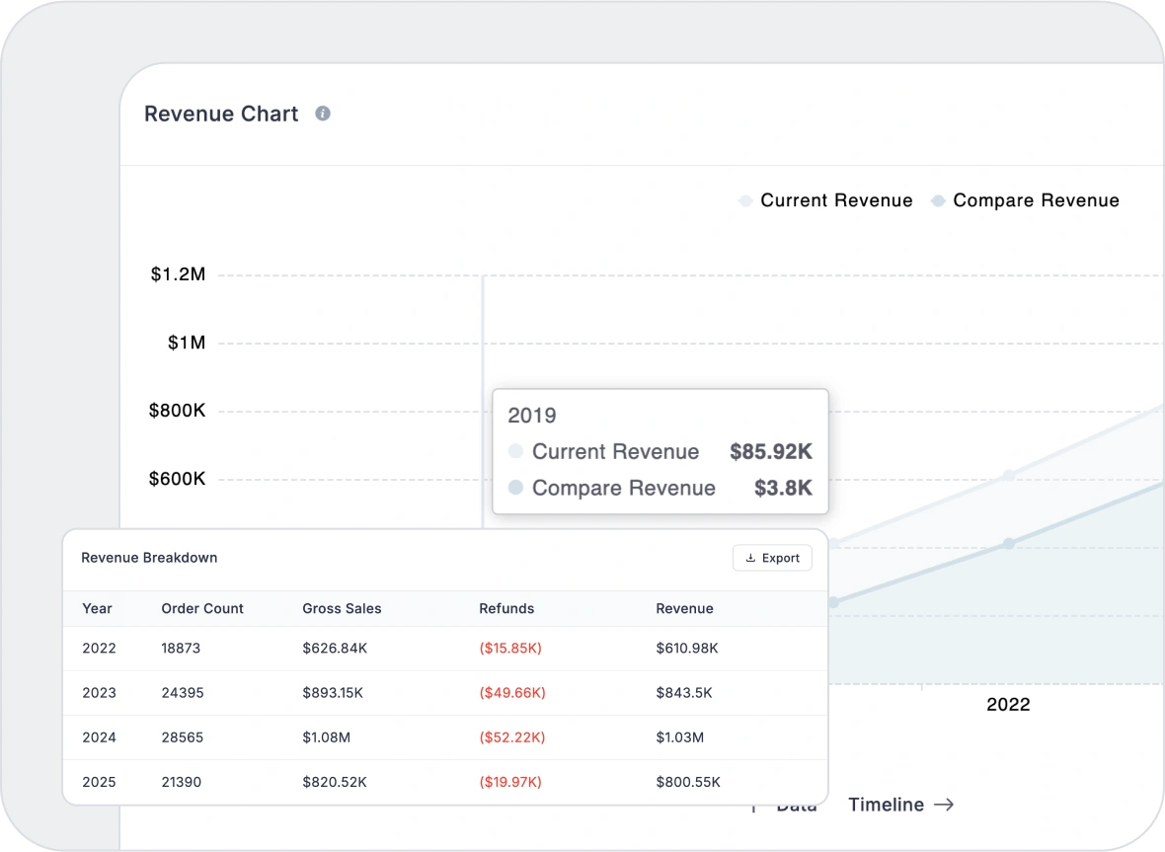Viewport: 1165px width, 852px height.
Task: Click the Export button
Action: (772, 558)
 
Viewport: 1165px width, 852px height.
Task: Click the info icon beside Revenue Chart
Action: (323, 114)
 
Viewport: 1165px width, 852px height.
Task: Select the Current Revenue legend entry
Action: (826, 200)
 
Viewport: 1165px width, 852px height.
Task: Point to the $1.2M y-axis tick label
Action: (178, 274)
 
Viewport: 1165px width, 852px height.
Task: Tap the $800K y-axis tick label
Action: (177, 411)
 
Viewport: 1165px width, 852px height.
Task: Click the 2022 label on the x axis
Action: (1008, 704)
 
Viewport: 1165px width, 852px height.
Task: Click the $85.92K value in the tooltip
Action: (770, 452)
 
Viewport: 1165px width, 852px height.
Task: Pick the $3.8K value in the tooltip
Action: (783, 488)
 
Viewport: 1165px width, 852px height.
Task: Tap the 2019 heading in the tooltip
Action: (532, 416)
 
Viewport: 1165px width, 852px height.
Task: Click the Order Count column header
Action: (202, 608)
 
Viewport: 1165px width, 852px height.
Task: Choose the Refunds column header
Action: (506, 608)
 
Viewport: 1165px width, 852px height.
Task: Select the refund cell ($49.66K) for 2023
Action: (512, 693)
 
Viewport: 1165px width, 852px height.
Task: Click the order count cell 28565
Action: (183, 737)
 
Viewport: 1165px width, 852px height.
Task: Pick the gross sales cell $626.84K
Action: (335, 649)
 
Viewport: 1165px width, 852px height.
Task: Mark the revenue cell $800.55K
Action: (688, 782)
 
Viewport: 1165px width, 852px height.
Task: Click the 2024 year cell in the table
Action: (99, 737)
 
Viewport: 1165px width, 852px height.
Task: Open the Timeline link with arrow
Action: (900, 805)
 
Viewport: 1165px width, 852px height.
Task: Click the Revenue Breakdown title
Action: (149, 558)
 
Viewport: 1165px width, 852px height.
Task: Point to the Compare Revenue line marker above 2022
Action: (1008, 543)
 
